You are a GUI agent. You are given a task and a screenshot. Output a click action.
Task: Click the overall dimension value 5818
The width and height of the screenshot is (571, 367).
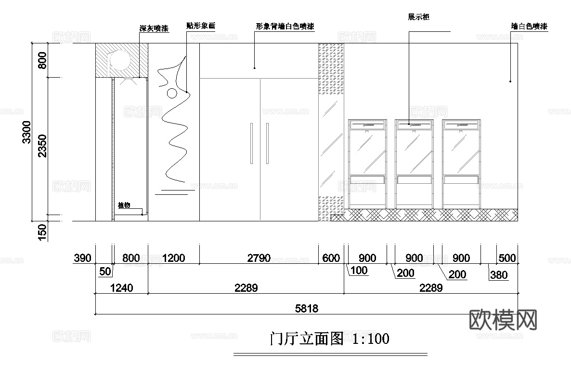[306, 309]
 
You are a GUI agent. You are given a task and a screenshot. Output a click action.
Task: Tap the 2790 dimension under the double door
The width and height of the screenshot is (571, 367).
[259, 258]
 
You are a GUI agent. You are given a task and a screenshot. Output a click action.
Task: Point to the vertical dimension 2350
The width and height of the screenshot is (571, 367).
[42, 146]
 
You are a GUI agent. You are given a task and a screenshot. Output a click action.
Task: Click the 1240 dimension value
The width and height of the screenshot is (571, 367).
[121, 288]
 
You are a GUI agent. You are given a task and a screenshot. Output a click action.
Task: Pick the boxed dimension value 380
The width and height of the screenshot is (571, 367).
[499, 275]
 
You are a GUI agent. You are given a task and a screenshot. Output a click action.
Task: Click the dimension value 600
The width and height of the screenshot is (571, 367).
[331, 258]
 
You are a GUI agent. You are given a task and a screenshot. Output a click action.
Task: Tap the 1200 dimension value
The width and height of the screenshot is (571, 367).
[173, 258]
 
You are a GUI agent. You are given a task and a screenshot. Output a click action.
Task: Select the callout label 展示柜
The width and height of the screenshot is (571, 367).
[418, 17]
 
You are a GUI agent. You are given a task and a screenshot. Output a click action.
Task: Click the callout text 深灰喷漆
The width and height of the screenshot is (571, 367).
[154, 29]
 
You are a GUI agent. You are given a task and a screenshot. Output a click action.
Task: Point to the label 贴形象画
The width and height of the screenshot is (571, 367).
[200, 25]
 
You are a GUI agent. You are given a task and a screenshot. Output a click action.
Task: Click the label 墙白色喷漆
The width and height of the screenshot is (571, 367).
[529, 27]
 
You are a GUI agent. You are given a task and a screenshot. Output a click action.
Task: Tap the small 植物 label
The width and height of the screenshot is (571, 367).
[124, 205]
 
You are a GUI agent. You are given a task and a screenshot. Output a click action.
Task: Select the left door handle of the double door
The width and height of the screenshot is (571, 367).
[251, 143]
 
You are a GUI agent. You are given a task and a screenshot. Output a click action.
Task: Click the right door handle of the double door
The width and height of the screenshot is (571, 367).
[267, 143]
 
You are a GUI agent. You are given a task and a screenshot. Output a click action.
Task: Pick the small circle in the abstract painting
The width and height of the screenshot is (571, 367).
[172, 94]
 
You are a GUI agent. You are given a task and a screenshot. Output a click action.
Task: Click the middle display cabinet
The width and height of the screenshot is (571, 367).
[414, 163]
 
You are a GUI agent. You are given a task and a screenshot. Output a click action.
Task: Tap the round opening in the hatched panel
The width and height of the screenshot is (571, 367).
[120, 60]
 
